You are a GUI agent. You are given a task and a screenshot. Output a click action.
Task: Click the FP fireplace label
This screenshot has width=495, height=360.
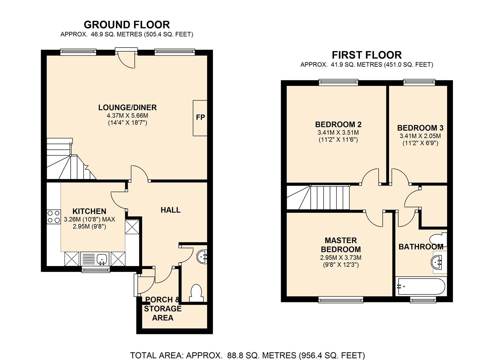coord(200,117)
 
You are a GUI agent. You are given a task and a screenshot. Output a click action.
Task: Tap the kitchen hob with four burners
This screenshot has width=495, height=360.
coord(54,217)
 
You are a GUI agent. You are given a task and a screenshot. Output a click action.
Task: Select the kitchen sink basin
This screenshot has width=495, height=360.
coord(102,259)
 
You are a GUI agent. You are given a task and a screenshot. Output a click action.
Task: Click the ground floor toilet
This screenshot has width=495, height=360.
coord(196,293)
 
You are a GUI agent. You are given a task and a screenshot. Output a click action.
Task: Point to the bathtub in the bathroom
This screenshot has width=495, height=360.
coord(420,286)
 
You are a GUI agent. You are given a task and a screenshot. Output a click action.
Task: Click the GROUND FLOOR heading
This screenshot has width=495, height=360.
coord(127,25)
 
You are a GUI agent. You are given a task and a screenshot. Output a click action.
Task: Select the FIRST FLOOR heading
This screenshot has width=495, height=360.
coord(367,55)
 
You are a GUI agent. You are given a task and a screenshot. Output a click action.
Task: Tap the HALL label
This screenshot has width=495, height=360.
coord(170,210)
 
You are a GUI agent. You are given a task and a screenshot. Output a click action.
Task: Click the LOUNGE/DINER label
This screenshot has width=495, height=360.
coord(128,108)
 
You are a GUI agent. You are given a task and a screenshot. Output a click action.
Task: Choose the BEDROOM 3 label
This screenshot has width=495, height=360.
coord(420,128)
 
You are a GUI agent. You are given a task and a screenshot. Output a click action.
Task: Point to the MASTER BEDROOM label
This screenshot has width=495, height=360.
coord(341,245)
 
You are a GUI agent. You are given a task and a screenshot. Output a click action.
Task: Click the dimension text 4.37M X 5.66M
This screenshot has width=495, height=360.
coord(128,116)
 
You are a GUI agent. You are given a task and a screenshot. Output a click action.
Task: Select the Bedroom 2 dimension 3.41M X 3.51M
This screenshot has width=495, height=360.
coord(338,133)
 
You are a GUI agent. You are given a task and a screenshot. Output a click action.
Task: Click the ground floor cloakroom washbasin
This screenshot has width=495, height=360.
coord(202,257)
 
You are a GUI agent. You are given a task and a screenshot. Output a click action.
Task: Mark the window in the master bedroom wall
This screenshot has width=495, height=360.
coord(341,299)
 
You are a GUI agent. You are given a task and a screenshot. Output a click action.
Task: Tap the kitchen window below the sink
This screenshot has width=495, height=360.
coord(96,269)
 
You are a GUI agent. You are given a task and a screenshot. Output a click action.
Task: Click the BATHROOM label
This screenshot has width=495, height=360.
coord(421,247)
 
